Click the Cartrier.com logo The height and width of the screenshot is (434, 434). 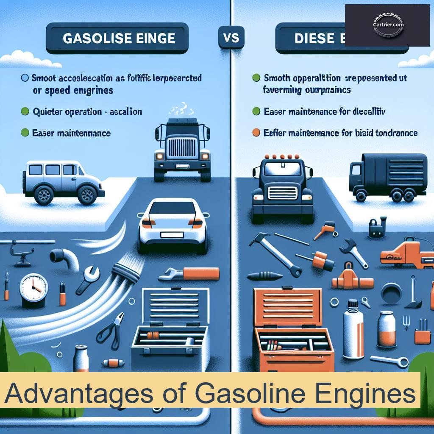[387, 25]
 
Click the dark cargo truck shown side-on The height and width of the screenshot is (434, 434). [387, 175]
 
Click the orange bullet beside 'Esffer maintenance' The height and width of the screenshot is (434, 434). [256, 133]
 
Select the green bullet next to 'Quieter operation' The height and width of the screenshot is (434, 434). [25, 112]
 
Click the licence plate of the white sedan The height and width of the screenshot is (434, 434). [172, 234]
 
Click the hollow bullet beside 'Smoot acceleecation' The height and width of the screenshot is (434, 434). [25, 78]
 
